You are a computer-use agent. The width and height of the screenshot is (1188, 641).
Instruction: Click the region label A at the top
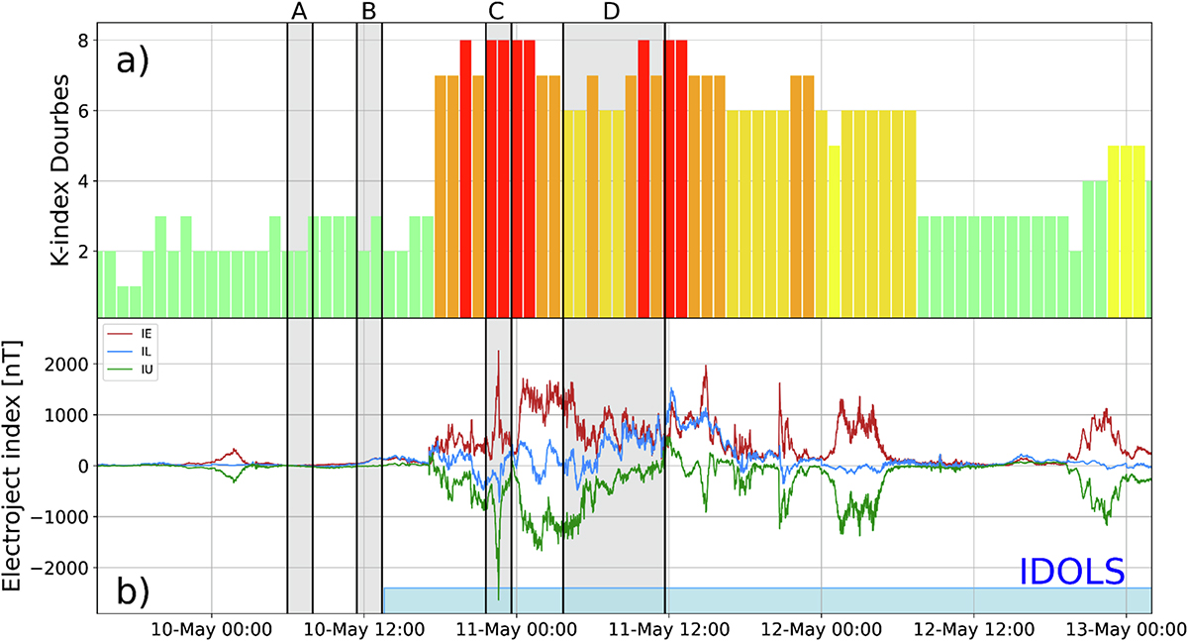pyautogui.click(x=300, y=11)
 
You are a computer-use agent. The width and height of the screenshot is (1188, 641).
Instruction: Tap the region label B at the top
pyautogui.click(x=369, y=11)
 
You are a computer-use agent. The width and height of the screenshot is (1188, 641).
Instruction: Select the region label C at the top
pyautogui.click(x=497, y=11)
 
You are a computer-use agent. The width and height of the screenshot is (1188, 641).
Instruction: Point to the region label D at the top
pyautogui.click(x=612, y=11)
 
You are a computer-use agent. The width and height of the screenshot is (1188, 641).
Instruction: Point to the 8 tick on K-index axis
pyautogui.click(x=82, y=41)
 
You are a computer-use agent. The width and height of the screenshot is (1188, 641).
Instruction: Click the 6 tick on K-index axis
pyautogui.click(x=82, y=111)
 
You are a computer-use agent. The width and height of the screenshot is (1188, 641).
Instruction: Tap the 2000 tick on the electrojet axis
pyautogui.click(x=63, y=366)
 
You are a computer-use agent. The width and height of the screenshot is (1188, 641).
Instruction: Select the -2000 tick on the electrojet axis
pyautogui.click(x=59, y=568)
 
